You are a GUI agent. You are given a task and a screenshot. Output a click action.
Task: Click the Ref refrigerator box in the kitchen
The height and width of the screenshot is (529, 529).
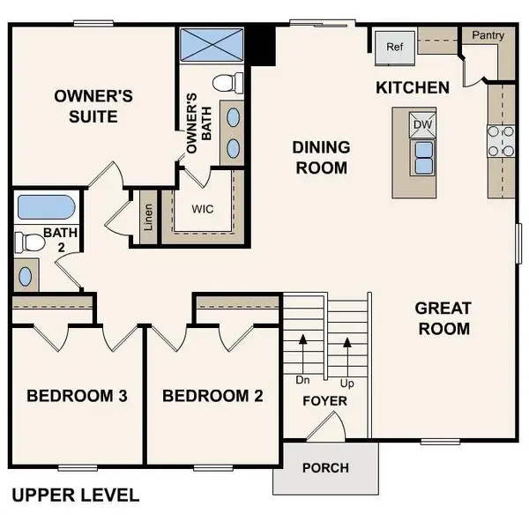click(393, 47)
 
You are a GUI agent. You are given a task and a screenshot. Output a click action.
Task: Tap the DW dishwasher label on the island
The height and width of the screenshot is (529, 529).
click(422, 125)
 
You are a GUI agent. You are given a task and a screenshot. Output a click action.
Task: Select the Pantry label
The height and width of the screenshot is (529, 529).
click(488, 36)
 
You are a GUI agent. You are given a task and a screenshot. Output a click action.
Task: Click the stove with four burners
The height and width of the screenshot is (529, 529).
click(501, 141)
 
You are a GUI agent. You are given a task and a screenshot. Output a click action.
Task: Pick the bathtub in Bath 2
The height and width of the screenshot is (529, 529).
click(45, 208)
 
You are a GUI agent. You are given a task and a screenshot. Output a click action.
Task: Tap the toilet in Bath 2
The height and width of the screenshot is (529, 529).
click(31, 241)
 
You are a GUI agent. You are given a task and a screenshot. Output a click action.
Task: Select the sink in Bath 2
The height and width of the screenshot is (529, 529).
click(25, 276)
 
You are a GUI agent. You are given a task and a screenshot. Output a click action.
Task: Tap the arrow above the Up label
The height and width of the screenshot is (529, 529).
click(347, 346)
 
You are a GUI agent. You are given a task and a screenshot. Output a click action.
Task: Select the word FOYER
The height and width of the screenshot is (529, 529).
click(324, 401)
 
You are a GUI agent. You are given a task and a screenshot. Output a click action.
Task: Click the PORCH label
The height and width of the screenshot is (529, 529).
click(325, 467)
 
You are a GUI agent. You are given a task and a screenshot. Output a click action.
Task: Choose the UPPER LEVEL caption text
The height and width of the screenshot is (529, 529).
click(75, 495)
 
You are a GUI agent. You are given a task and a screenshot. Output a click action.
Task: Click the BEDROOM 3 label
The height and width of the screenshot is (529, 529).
click(78, 396)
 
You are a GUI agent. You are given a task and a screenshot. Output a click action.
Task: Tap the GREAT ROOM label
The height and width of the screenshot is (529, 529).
click(443, 318)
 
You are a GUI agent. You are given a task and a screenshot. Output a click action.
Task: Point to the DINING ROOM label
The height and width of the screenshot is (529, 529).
click(321, 157)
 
